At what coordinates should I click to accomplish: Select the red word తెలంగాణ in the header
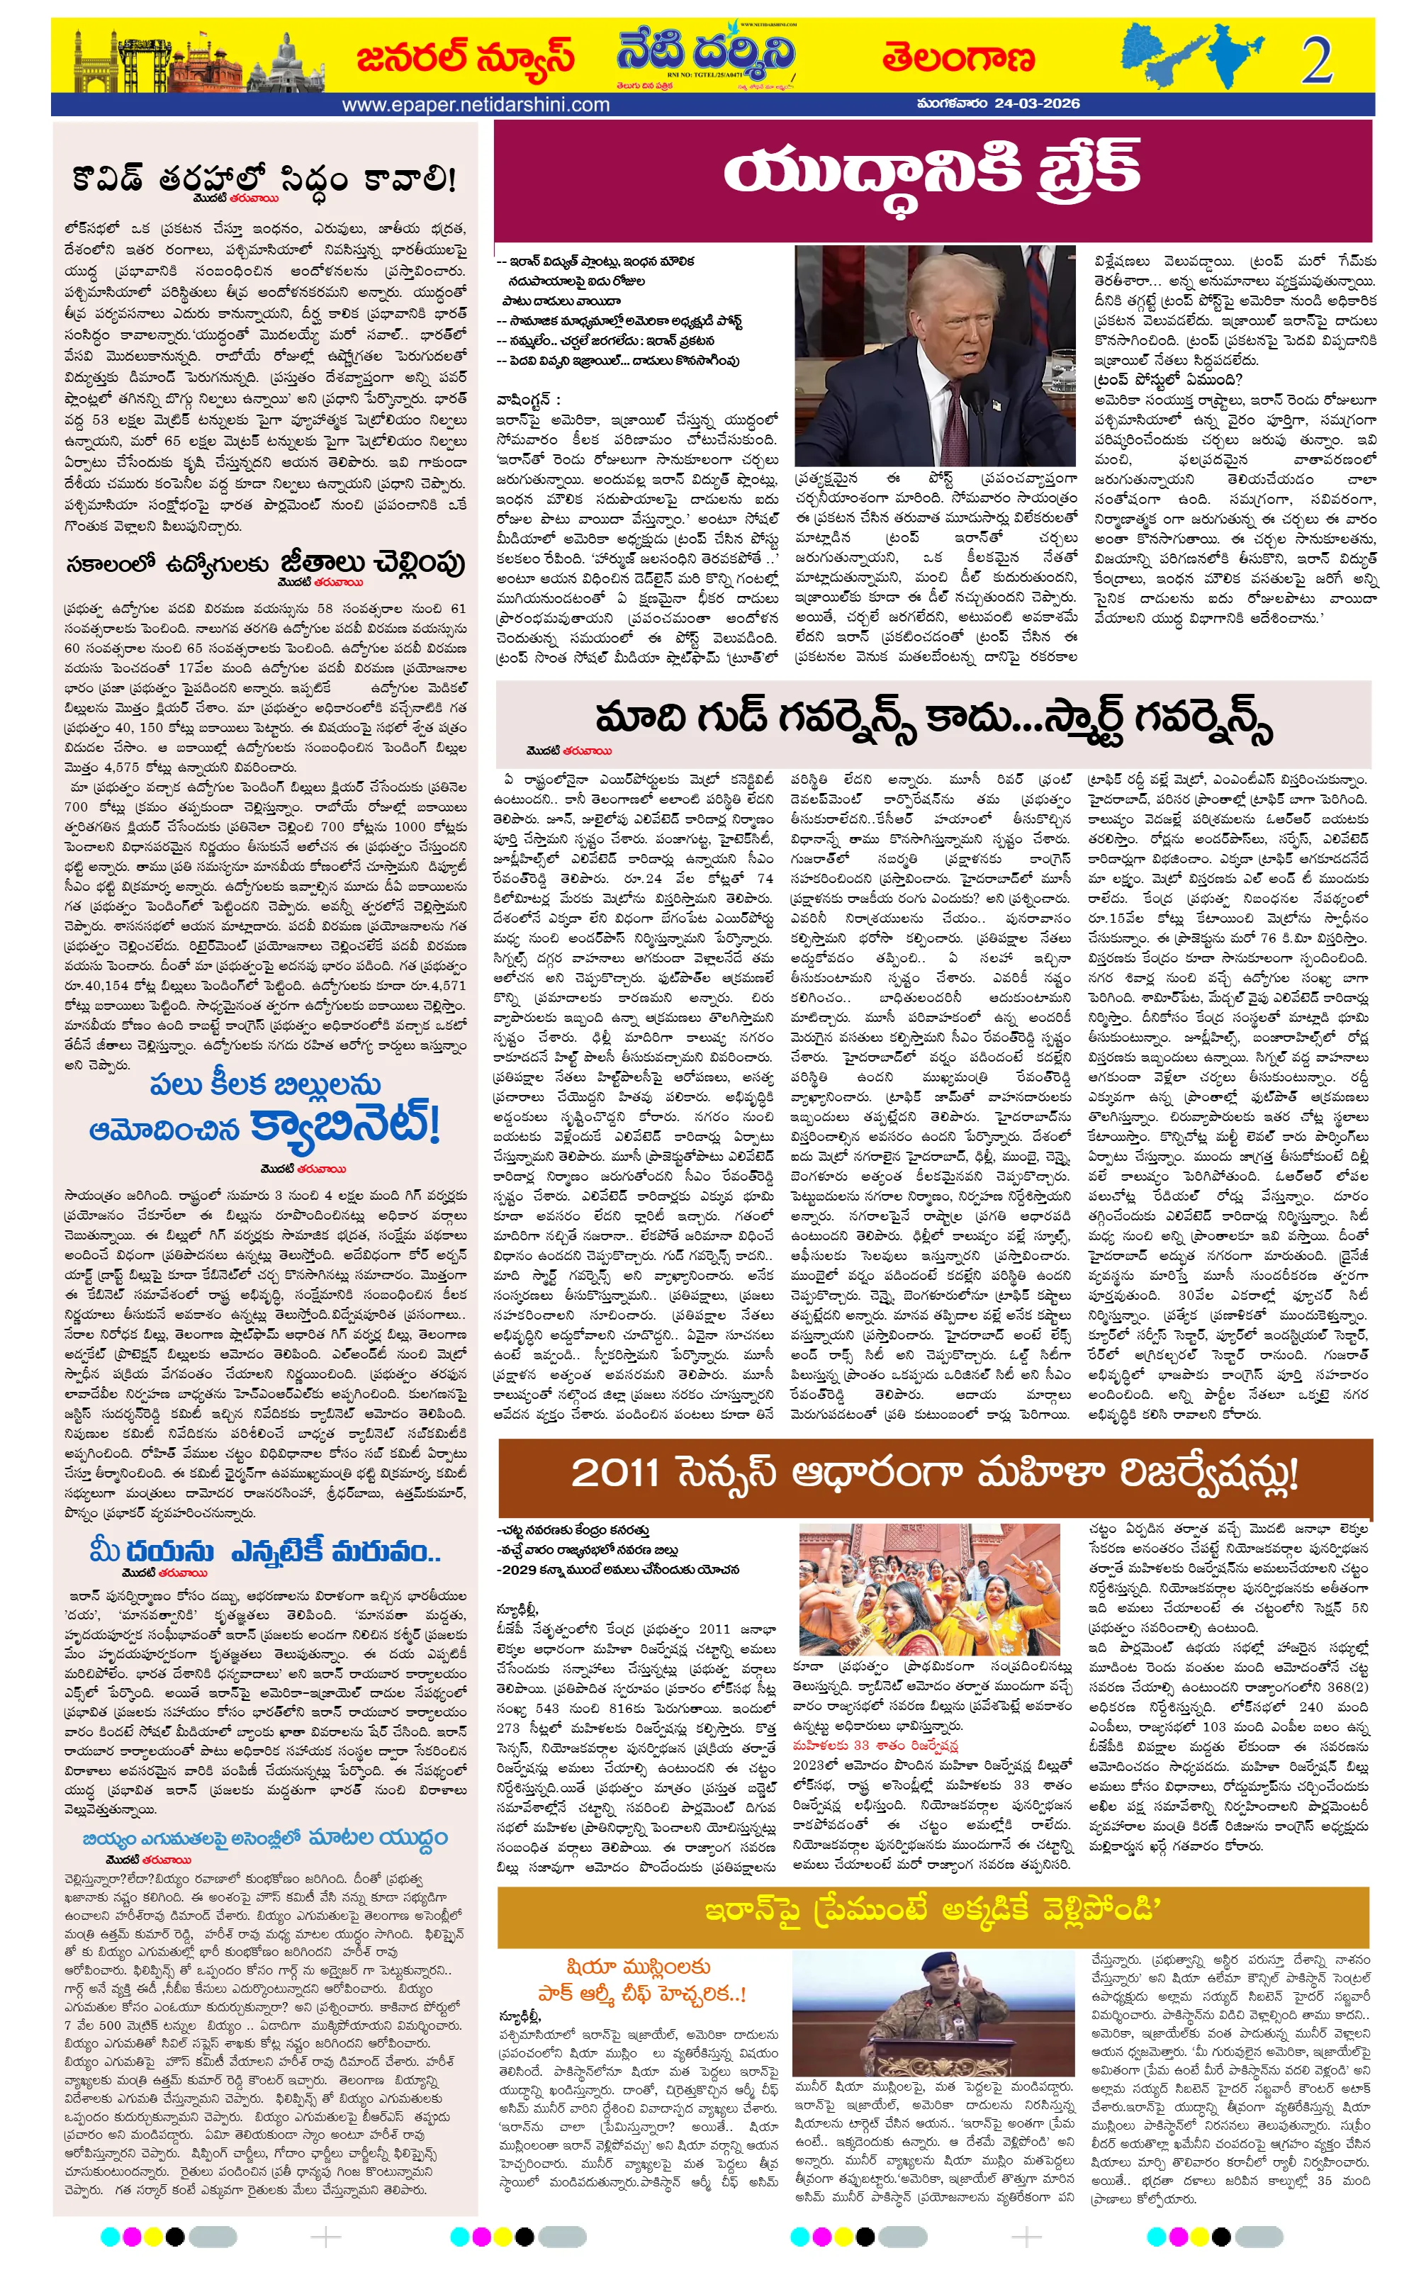(x=958, y=58)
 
